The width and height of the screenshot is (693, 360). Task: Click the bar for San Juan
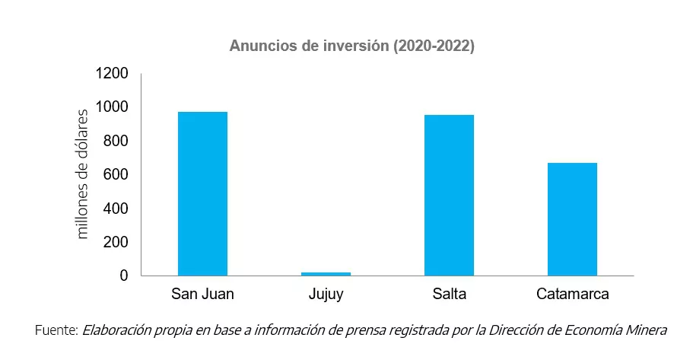(x=202, y=193)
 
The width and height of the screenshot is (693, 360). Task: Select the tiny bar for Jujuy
(x=326, y=273)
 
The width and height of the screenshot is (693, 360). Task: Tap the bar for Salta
(x=449, y=195)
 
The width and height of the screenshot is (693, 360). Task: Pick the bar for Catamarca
(x=572, y=219)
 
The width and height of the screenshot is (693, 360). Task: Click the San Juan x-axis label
(x=202, y=295)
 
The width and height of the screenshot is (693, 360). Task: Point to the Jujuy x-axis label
(x=326, y=295)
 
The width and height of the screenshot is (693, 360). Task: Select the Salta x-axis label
(x=449, y=295)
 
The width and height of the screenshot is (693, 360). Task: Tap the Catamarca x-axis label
(x=572, y=295)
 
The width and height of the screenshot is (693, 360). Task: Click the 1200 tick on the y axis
(x=113, y=74)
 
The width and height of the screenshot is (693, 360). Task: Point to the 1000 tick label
(x=113, y=107)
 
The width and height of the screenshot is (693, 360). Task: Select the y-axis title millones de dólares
(x=83, y=175)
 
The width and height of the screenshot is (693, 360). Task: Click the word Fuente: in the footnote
(x=56, y=330)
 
